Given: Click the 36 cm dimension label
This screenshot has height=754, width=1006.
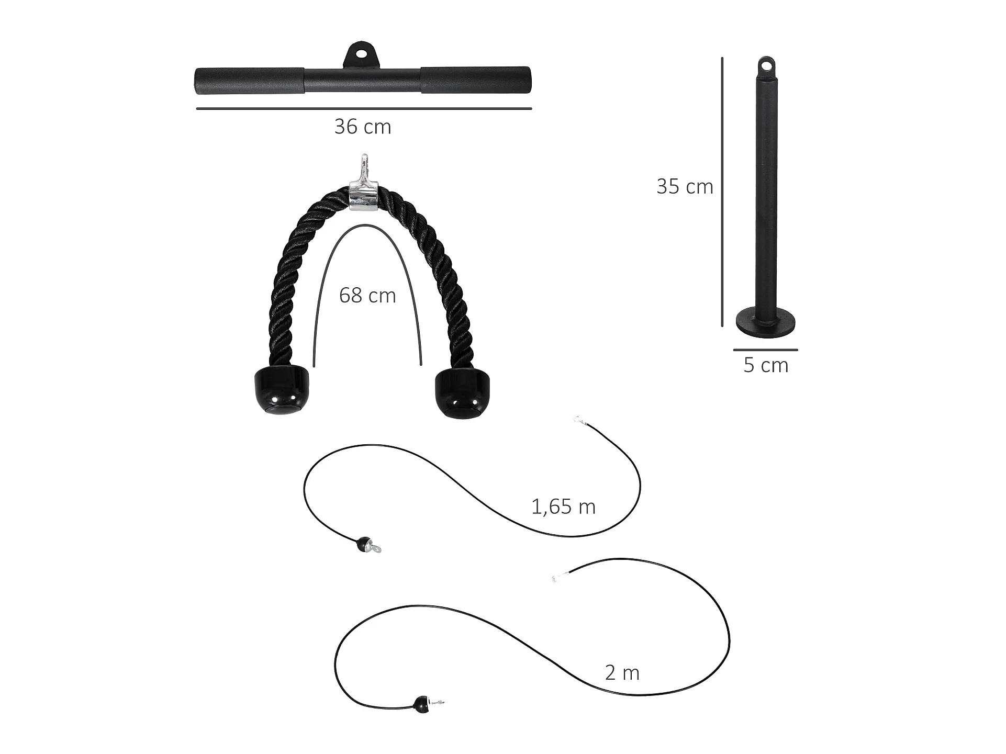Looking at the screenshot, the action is [363, 127].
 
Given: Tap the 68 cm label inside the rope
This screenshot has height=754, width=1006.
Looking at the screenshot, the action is [367, 296].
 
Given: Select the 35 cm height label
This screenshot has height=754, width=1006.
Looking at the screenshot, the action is [685, 187].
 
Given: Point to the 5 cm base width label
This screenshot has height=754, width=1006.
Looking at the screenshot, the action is [766, 365].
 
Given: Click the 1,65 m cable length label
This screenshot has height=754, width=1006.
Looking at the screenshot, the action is [563, 507].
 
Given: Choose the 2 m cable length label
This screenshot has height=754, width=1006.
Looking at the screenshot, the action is [622, 673].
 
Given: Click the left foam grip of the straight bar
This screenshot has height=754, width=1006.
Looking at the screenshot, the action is [250, 81].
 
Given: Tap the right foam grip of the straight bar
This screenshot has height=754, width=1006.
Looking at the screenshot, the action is [476, 80].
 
